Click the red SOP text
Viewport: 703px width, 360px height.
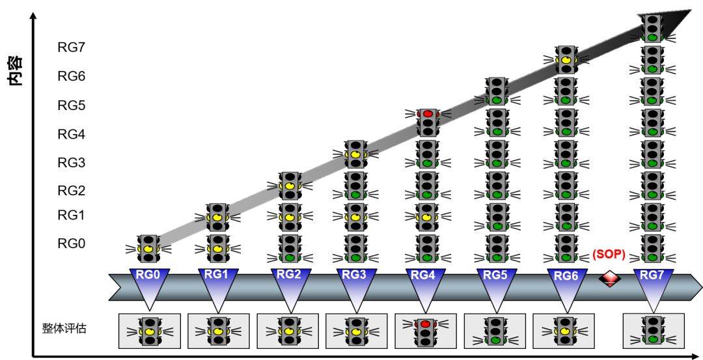pos(609,255)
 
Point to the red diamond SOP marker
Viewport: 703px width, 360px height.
pos(610,279)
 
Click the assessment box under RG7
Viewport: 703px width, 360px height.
pos(653,330)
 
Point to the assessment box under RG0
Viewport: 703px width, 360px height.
pos(149,331)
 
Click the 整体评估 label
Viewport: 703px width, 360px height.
pos(64,328)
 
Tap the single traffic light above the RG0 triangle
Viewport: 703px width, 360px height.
pos(149,248)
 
